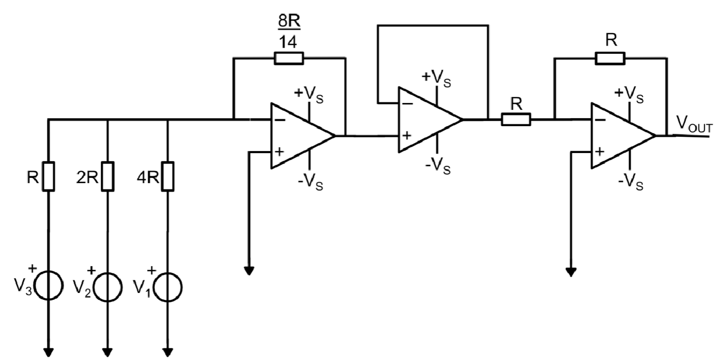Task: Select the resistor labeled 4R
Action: (x=168, y=176)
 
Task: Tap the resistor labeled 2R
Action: (x=108, y=176)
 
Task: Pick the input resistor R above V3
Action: (x=48, y=176)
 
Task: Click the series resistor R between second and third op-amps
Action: (x=516, y=120)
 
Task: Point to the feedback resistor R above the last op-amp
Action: (x=611, y=59)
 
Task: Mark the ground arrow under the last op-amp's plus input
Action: (x=570, y=272)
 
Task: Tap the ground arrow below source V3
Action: (x=48, y=352)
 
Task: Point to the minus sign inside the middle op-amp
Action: (x=407, y=103)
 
